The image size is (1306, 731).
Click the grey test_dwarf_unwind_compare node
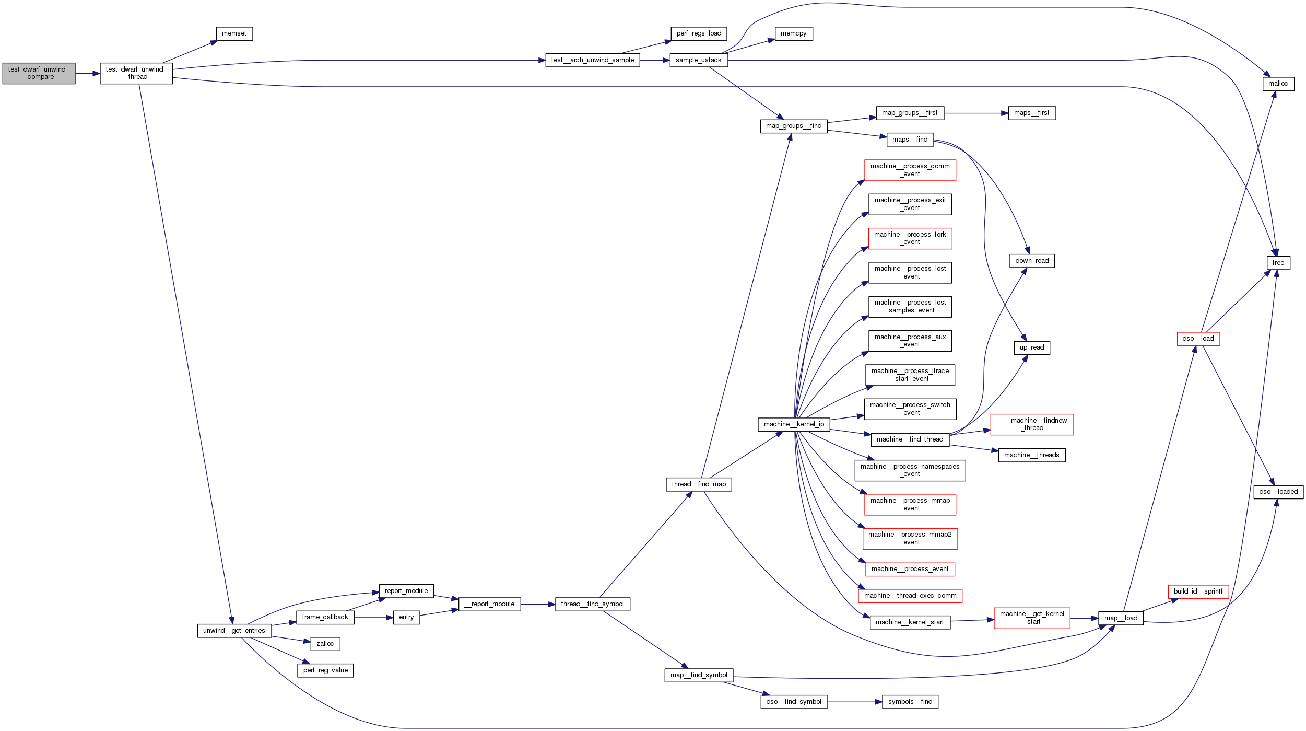point(39,73)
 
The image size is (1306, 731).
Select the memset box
point(234,33)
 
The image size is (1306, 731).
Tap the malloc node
point(1278,84)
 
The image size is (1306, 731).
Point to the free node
point(1278,263)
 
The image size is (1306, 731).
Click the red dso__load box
point(1198,339)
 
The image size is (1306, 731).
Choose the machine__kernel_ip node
point(793,424)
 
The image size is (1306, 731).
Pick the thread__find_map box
point(698,484)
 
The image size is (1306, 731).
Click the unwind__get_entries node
point(234,631)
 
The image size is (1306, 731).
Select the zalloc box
point(325,644)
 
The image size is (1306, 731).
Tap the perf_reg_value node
point(325,670)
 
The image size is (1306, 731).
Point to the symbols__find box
point(910,702)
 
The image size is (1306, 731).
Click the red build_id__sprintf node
point(1198,591)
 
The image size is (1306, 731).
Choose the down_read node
point(1031,261)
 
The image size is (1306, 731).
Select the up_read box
point(1031,347)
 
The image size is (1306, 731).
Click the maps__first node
point(1031,113)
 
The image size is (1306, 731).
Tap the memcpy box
point(793,33)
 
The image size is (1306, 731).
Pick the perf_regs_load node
point(698,33)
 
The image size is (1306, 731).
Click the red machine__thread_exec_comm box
point(910,596)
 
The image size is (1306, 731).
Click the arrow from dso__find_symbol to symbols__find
point(854,702)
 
